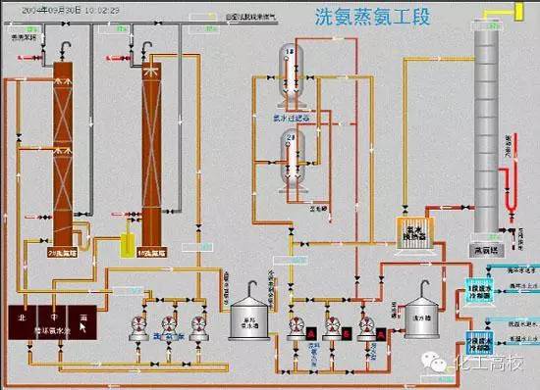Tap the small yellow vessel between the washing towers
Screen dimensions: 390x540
(125, 245)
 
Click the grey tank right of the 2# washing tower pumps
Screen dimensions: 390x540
(247, 316)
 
